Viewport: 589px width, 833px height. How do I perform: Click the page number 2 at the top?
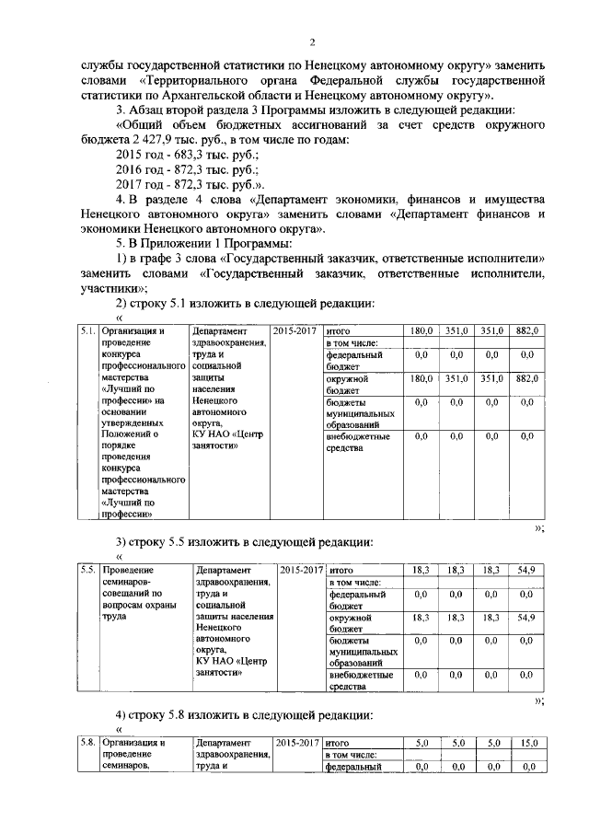tap(313, 42)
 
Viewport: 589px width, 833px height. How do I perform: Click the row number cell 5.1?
tap(87, 330)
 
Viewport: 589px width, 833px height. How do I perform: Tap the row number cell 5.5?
tap(88, 570)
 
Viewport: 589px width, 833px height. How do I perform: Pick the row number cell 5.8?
tap(87, 767)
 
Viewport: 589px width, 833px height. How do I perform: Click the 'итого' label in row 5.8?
tap(342, 767)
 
